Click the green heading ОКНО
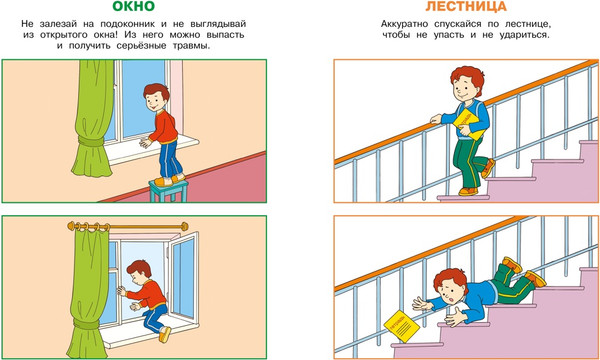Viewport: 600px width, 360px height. [134, 7]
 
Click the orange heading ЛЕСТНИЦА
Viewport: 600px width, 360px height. [466, 7]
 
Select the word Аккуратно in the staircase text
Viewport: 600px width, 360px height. [406, 24]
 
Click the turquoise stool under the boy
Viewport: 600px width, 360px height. [169, 190]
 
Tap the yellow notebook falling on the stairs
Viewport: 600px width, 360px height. [402, 326]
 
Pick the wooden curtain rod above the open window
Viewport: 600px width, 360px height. [128, 227]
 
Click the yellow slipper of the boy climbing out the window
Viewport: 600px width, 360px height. [165, 335]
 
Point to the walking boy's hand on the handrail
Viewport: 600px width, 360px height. [436, 119]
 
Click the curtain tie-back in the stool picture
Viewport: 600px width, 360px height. [91, 141]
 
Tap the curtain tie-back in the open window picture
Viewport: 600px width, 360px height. [86, 324]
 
